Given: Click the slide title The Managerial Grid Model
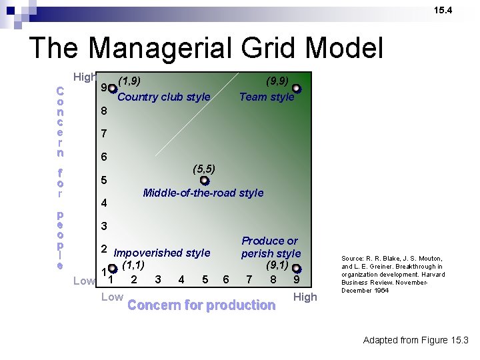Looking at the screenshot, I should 206,49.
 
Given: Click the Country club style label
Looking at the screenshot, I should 163,97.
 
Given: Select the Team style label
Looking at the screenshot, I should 267,97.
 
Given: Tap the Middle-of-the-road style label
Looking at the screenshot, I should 203,193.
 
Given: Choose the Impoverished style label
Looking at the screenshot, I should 162,253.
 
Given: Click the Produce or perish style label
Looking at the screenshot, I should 271,247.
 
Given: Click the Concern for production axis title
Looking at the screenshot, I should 201,305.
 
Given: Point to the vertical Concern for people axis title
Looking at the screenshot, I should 60,177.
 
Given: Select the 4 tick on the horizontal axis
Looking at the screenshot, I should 181,279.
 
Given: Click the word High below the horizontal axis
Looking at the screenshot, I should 305,297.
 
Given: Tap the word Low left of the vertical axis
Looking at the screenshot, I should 84,281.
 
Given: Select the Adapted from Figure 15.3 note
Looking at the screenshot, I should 415,341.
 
